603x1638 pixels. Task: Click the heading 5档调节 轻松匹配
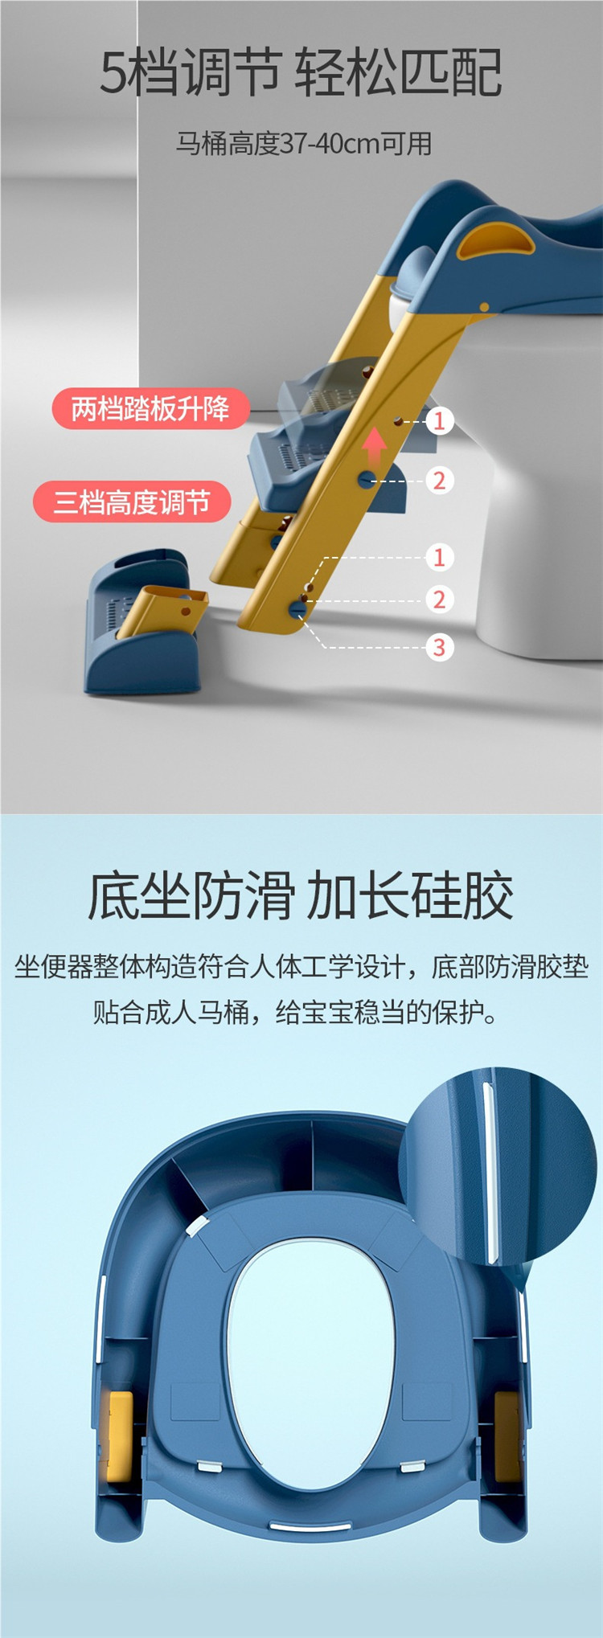point(301,72)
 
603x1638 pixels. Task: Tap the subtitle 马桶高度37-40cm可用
point(304,144)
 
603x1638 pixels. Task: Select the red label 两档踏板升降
point(150,408)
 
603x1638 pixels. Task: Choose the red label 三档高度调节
point(132,502)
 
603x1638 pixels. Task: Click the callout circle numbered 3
point(439,647)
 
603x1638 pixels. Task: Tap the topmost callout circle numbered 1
point(439,420)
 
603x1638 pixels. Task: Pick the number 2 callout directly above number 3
point(439,600)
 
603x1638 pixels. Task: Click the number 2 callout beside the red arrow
point(439,481)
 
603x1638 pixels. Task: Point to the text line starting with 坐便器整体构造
point(301,966)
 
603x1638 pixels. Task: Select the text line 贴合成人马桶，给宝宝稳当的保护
point(296,1011)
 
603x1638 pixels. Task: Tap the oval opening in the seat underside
point(310,1354)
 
